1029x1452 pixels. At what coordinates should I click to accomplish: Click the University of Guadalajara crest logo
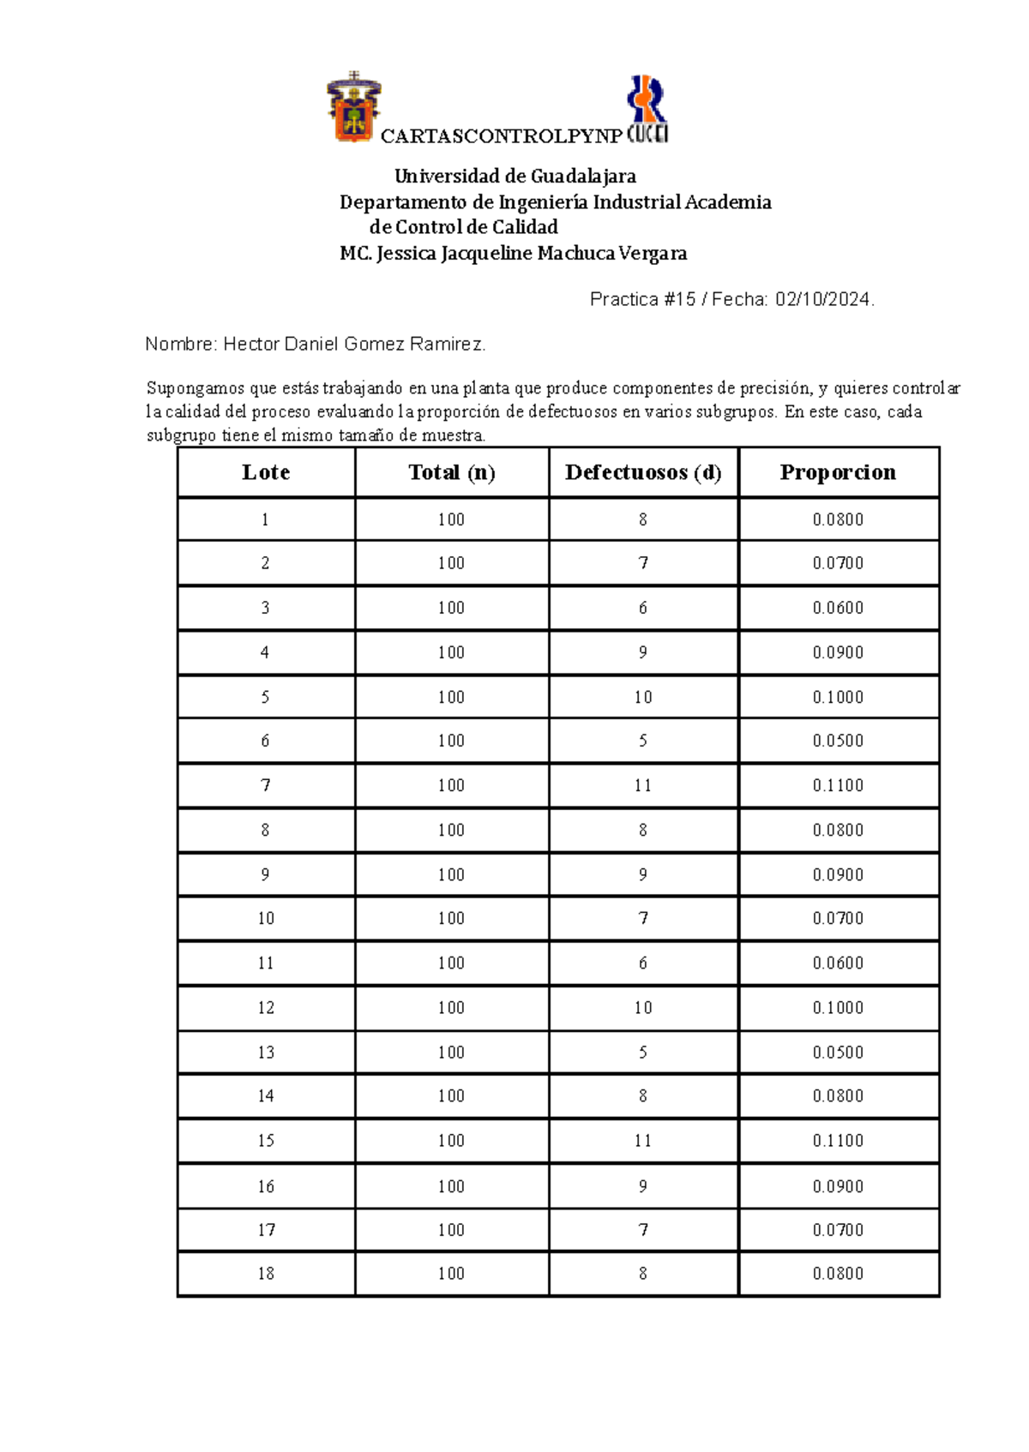pos(353,108)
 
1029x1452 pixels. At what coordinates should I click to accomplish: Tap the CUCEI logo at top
pos(647,109)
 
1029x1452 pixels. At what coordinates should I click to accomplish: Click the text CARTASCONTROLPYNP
pos(501,136)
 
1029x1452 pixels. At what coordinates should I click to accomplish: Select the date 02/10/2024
pos(822,299)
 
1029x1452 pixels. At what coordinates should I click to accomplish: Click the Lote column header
pos(266,472)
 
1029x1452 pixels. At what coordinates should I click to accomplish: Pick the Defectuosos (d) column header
pos(643,472)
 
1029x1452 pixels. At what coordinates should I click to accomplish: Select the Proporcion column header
pos(838,472)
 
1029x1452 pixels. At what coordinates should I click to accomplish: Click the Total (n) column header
pos(451,472)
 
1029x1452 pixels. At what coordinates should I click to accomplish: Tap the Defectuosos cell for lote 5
pos(643,697)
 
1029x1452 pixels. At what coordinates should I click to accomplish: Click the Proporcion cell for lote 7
pos(838,785)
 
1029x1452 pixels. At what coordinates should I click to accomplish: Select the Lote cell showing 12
pos(266,1007)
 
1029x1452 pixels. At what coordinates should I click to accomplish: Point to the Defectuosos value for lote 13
pos(643,1052)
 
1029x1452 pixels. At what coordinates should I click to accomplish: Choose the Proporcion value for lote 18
pos(838,1274)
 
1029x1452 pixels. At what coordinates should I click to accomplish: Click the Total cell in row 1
pos(451,519)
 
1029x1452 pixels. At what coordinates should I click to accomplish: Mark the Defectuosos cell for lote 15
pos(643,1141)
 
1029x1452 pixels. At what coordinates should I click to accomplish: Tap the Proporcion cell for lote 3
pos(838,608)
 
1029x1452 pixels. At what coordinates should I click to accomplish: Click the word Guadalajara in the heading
pos(583,177)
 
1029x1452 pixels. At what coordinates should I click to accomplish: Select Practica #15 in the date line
pos(642,299)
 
